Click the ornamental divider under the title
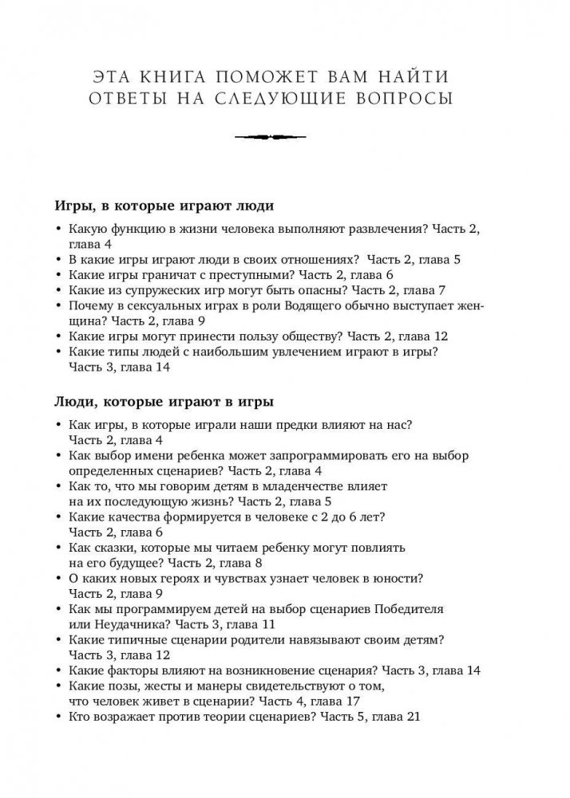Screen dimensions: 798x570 tap(284, 136)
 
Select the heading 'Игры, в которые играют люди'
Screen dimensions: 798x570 tap(164, 206)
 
